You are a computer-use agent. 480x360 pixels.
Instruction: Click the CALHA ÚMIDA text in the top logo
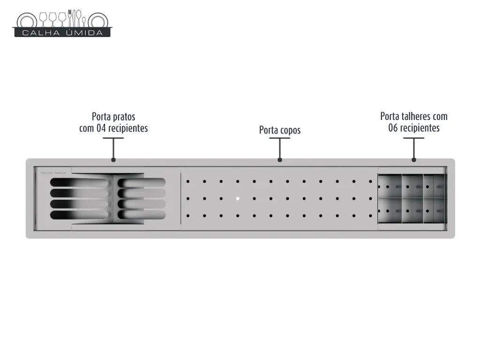pos(62,33)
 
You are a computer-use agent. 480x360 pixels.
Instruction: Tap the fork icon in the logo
pos(70,18)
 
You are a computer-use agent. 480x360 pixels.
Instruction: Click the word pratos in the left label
pos(124,117)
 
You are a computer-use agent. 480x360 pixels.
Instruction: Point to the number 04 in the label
pos(101,128)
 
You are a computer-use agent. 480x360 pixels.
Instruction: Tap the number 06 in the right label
pos(393,127)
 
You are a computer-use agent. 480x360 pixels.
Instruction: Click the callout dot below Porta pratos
pos(113,160)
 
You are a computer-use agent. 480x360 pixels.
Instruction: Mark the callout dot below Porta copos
pos(280,160)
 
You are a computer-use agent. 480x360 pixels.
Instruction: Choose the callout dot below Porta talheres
pos(414,160)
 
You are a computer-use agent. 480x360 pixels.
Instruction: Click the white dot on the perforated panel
pos(238,199)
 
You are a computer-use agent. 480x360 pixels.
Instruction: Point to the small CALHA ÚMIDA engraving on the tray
pos(53,173)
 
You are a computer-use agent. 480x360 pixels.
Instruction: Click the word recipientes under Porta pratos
pos(128,128)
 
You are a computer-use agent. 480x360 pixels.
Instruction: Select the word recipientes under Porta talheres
pos(420,128)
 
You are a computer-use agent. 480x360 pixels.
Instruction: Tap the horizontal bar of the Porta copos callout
pos(280,138)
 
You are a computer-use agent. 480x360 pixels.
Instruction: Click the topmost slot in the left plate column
pos(79,182)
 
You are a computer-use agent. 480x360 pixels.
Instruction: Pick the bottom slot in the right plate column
pos(142,215)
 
